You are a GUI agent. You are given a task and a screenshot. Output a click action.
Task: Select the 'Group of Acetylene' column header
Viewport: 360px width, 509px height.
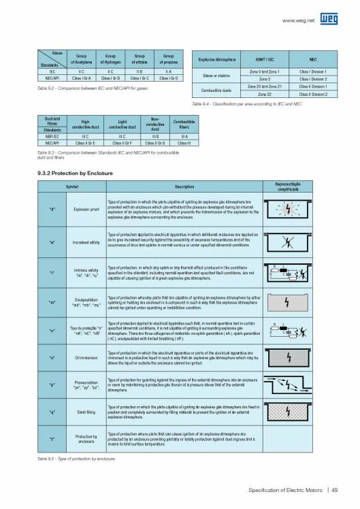tap(80, 59)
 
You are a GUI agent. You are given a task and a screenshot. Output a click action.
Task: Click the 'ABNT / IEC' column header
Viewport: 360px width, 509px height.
tap(261, 61)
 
